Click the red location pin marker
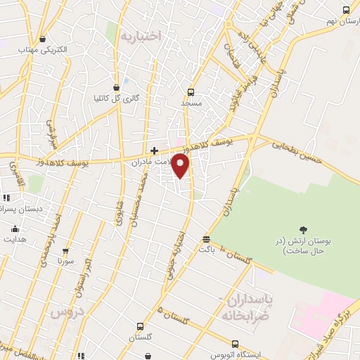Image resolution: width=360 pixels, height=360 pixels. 181,165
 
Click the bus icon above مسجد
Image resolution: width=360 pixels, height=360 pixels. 191,91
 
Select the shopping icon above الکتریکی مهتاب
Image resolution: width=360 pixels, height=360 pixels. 43,39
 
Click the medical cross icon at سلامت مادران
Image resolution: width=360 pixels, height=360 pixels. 154,150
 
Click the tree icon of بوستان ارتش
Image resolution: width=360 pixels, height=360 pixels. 303,229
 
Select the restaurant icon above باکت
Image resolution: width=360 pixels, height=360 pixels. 205,239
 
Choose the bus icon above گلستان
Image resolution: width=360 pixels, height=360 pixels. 140,327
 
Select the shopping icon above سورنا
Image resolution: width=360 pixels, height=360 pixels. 66,250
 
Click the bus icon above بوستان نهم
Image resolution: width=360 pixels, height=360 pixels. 346,10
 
